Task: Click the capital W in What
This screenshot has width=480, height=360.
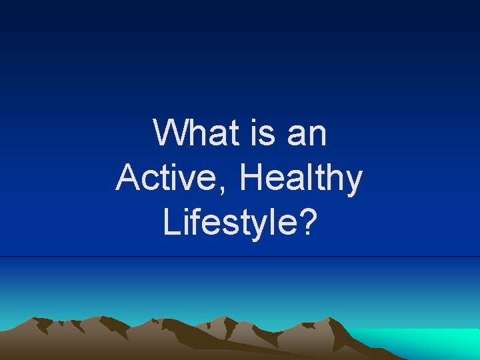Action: click(169, 133)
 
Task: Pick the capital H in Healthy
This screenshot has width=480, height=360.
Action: click(249, 178)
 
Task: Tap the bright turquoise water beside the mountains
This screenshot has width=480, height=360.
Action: click(427, 343)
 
